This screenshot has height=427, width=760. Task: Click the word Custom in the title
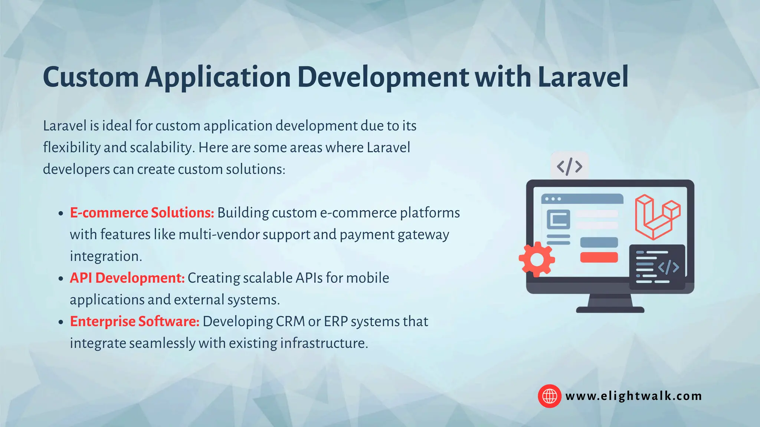(91, 77)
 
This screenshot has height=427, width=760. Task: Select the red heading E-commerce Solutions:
(142, 213)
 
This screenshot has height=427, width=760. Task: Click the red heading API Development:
(127, 278)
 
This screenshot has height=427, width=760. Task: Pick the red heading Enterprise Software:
(135, 321)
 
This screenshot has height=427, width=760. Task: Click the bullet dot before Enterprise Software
(61, 322)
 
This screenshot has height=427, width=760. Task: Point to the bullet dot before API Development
(61, 279)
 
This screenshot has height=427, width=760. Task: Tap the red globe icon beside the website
(549, 396)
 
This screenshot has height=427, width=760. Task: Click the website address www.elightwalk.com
(633, 396)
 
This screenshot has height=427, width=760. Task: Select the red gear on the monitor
(537, 259)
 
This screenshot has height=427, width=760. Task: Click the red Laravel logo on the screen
(657, 217)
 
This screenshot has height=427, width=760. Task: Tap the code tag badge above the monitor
(570, 166)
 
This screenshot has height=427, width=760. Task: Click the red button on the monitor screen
(599, 257)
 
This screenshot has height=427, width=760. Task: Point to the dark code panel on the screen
(657, 267)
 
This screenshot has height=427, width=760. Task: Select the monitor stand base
(610, 310)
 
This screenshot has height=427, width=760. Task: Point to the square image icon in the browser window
(558, 219)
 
